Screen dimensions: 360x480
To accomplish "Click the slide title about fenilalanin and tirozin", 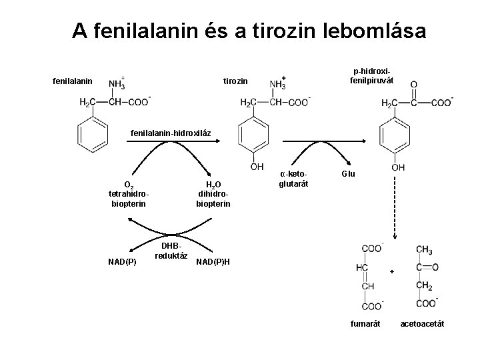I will coord(249,31).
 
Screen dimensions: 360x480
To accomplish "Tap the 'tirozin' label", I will coord(235,81).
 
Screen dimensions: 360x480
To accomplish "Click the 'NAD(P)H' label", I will coord(213,261).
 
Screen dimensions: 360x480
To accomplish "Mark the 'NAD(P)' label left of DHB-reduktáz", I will coord(122,261).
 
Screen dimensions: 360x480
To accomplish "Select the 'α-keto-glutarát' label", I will coord(293,179).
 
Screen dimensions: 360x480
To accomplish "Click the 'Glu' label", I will coord(349,174).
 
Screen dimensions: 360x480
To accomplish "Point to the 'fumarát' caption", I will coord(365,324).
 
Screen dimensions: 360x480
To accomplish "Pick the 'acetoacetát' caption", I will coord(422,324).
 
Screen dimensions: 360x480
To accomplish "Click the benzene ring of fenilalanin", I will coord(94,137).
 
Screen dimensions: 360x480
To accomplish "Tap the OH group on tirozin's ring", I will coord(257,167).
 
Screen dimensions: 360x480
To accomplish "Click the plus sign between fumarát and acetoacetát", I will coord(392,272).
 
